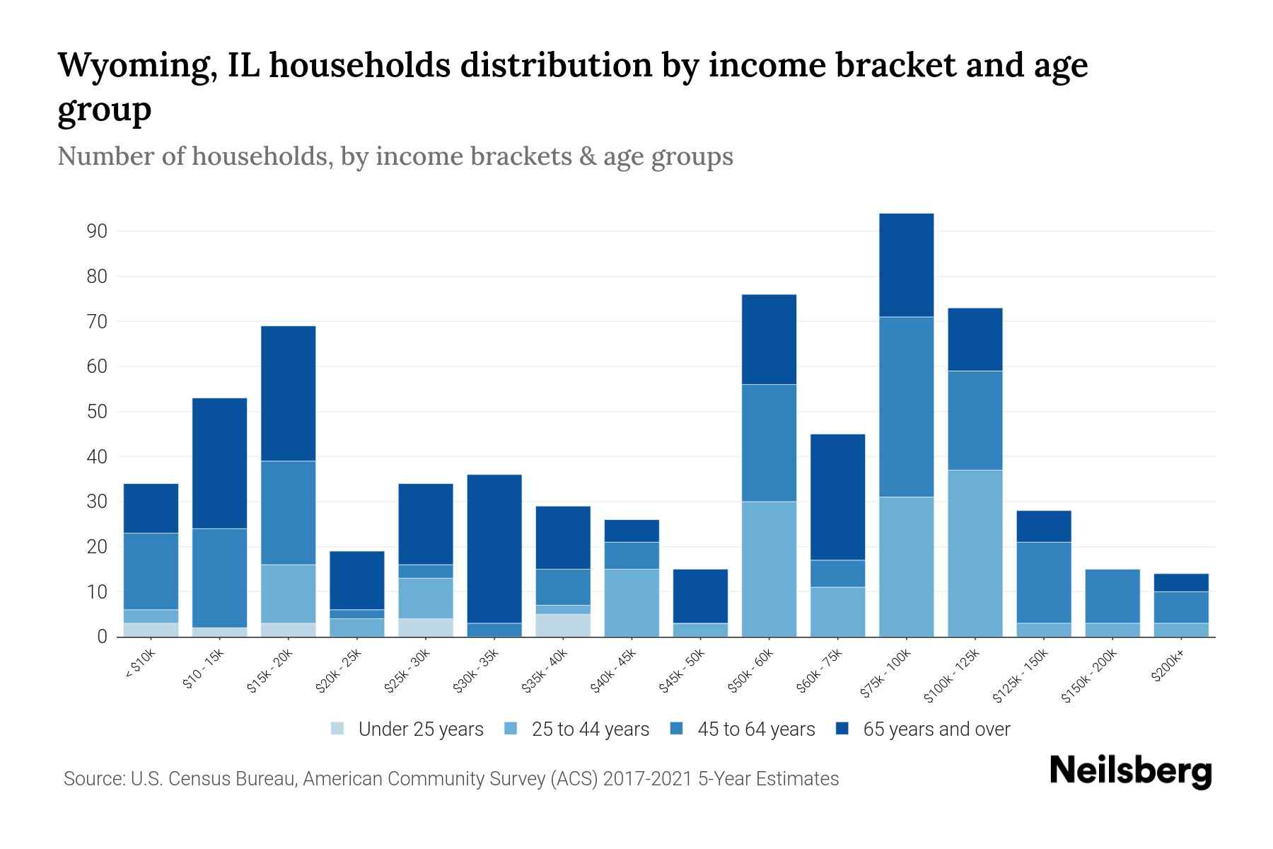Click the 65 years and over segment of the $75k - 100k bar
(x=906, y=265)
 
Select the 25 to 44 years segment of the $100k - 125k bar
(x=975, y=553)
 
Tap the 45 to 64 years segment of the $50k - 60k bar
(x=769, y=443)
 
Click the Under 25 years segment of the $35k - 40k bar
(x=563, y=625)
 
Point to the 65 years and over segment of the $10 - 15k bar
(x=219, y=463)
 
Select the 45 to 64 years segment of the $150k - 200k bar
(x=1112, y=596)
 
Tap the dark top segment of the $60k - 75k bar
(x=837, y=497)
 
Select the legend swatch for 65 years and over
(x=843, y=729)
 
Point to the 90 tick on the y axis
(x=98, y=231)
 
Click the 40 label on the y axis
(x=98, y=457)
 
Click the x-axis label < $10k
(x=140, y=665)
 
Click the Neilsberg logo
(x=1130, y=771)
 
